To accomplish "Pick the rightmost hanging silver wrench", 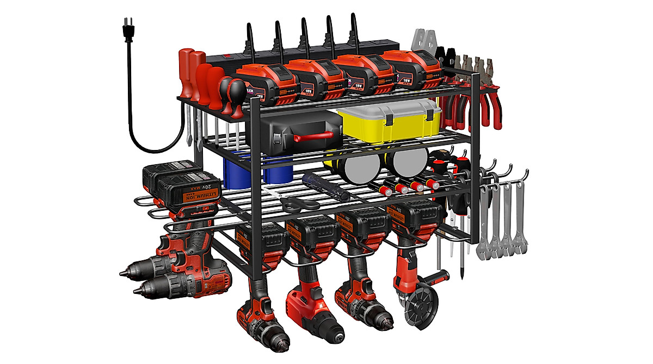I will [x=520, y=217].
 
